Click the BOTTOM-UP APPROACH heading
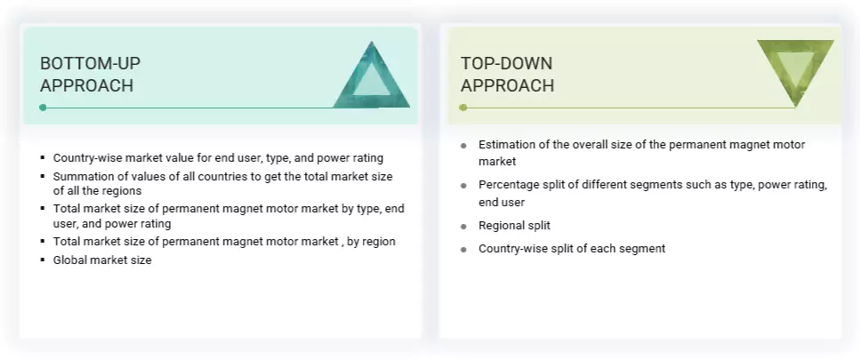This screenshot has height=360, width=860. [x=90, y=75]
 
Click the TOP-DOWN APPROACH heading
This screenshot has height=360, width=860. [x=507, y=75]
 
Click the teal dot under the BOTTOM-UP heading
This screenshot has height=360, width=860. [x=43, y=108]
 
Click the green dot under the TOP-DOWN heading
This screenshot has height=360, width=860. [x=462, y=108]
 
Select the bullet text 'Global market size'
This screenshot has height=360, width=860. [x=102, y=260]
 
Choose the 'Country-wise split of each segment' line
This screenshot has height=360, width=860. [x=571, y=249]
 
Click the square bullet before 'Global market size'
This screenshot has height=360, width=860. [x=43, y=260]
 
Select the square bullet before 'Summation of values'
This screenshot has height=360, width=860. [x=43, y=177]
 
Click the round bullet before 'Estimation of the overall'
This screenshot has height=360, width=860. [x=463, y=145]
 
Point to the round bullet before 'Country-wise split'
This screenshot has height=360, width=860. [x=463, y=250]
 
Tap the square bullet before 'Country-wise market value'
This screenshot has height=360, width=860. [x=43, y=158]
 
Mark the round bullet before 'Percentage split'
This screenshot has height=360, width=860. [x=463, y=186]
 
